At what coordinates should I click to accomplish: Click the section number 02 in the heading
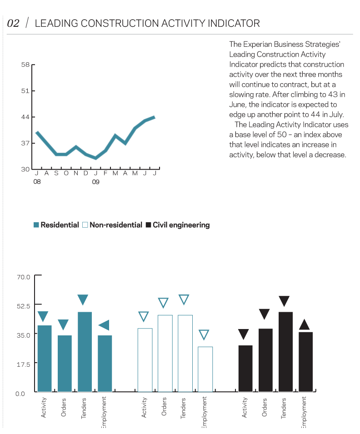(13, 24)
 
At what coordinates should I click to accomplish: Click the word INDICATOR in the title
(234, 24)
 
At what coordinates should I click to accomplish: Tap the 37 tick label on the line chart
(25, 143)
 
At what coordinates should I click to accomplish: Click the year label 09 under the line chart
(95, 182)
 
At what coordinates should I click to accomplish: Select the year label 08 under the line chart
(37, 182)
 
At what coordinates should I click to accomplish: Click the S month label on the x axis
(56, 173)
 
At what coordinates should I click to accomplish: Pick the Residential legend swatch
(36, 225)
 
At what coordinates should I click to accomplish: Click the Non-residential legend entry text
(116, 225)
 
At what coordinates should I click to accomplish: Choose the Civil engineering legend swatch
(148, 225)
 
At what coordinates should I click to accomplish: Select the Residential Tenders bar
(85, 352)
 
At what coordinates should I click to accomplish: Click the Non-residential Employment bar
(205, 369)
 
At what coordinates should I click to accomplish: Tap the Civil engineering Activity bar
(245, 369)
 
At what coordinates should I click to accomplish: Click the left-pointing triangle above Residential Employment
(105, 325)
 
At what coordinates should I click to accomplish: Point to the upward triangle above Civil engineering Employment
(305, 324)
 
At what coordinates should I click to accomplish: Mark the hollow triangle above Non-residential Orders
(163, 302)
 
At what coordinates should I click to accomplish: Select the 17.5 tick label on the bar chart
(24, 364)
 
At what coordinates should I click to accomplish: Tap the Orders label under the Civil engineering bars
(265, 407)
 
